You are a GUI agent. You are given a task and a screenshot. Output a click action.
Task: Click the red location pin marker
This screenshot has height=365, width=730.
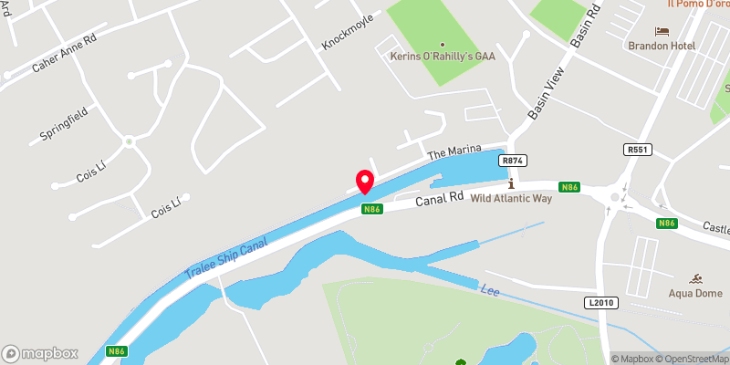coord(365,182)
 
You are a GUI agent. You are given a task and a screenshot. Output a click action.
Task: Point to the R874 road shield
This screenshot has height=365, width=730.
coord(512,160)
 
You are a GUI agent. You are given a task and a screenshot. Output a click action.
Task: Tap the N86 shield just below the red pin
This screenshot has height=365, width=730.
coord(370,209)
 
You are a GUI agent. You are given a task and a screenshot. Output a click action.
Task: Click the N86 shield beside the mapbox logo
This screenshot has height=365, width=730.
coord(115,352)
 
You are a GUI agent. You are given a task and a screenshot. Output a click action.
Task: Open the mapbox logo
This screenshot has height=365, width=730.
coord(40,353)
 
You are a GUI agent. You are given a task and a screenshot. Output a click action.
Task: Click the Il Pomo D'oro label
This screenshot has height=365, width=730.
coord(699,5)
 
